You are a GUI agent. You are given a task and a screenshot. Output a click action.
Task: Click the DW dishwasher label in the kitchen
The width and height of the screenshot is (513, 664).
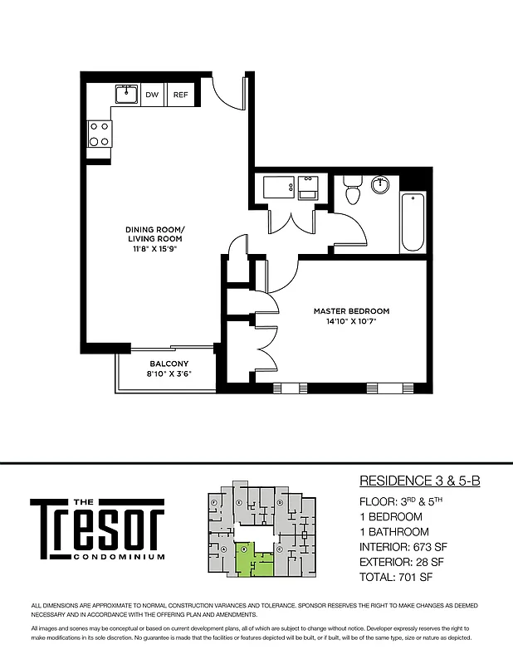point(152,95)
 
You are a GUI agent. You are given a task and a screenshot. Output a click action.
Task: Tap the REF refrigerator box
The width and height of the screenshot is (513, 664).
point(180,95)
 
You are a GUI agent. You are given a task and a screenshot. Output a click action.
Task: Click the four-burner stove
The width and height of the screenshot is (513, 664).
point(100,134)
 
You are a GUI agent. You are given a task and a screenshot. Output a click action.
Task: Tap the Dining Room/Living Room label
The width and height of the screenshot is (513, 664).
point(155,234)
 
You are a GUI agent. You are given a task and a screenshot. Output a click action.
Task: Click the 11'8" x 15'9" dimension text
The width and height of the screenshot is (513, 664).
point(155,248)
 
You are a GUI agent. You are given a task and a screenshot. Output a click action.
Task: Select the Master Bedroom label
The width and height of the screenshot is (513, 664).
point(351,311)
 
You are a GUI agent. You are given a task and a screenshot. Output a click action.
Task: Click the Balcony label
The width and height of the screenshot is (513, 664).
point(169,364)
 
